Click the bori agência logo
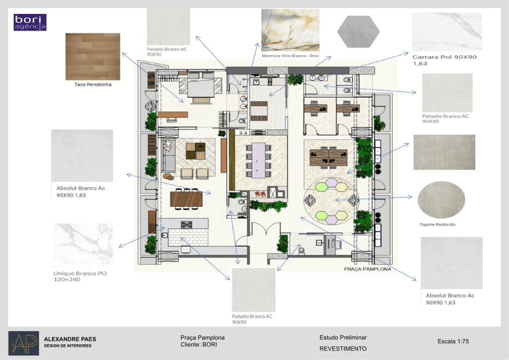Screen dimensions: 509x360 coord(30,22)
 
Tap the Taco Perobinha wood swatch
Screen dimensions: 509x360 coord(93,57)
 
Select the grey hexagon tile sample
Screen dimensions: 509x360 coord(358,32)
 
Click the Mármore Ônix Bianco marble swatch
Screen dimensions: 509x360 coord(290,30)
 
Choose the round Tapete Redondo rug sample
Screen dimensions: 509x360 coord(441,200)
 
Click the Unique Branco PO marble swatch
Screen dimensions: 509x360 coord(83,246)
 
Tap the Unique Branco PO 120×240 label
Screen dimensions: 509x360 coord(80,276)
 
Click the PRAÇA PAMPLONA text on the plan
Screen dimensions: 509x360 coord(367,269)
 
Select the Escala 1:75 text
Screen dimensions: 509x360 coord(453,341)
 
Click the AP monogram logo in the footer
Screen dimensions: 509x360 coord(24,343)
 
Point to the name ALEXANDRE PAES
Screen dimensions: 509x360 coord(70,339)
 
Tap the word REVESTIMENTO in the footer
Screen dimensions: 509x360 coord(343,349)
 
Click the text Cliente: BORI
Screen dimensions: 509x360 coord(199,345)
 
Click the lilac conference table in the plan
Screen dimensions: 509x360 coord(258,161)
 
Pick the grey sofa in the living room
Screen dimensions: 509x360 coord(168,156)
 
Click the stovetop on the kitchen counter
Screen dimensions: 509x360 coord(186,224)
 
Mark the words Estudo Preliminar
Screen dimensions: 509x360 coord(343,338)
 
